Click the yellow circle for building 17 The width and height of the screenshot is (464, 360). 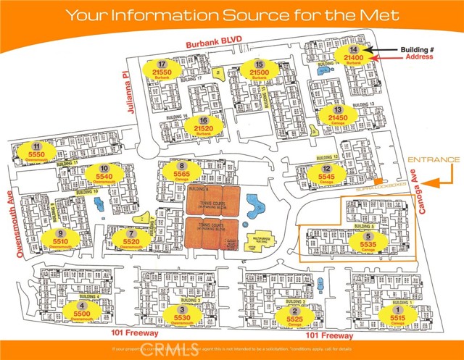point(162,71)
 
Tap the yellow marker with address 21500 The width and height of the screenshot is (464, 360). point(259,71)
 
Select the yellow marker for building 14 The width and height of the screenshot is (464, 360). point(354,53)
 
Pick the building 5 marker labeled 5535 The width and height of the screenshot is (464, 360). point(368,242)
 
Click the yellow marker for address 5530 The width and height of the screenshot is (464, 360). point(182,314)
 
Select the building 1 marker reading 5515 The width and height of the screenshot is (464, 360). point(397,314)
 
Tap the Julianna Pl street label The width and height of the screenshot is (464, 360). point(123,80)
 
